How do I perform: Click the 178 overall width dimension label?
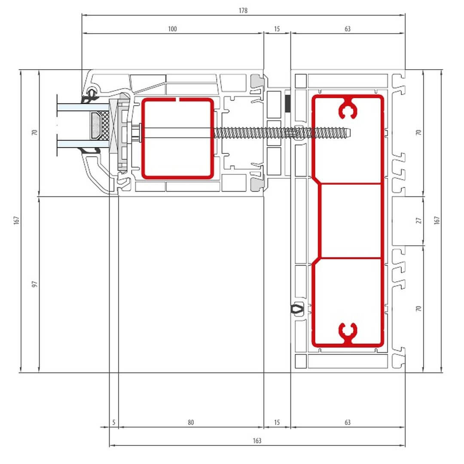click(x=243, y=11)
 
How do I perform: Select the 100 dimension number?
click(x=172, y=29)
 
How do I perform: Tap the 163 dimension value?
click(x=257, y=441)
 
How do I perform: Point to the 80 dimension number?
click(x=191, y=422)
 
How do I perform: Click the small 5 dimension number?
click(x=113, y=422)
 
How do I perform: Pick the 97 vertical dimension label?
click(x=35, y=284)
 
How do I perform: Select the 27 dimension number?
click(x=418, y=220)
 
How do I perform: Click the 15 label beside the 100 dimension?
click(x=277, y=29)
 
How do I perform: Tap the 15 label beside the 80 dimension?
click(x=277, y=422)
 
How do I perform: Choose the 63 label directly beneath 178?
click(x=348, y=29)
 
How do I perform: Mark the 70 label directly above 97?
click(x=35, y=132)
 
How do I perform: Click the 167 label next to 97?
click(x=16, y=220)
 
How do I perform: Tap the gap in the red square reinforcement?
click(x=178, y=100)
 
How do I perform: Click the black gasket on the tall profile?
click(x=297, y=308)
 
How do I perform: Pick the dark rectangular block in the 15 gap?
click(x=287, y=103)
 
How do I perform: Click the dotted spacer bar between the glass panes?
click(x=95, y=125)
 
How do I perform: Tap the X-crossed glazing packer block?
click(x=113, y=126)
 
